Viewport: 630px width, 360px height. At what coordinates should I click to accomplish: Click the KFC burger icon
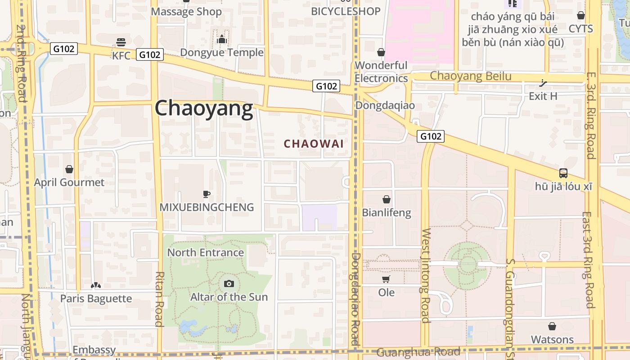click(x=121, y=42)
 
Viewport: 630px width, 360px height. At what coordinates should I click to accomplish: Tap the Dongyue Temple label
click(x=222, y=53)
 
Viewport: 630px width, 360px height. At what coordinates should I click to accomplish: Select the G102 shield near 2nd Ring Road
click(x=63, y=49)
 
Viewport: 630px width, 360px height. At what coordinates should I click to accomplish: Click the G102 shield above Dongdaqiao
click(x=326, y=85)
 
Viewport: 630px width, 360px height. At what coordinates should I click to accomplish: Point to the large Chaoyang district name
click(x=204, y=108)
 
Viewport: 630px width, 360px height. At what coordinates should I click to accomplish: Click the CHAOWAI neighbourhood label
click(x=314, y=144)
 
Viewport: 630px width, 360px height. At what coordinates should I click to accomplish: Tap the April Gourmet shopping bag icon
click(x=69, y=169)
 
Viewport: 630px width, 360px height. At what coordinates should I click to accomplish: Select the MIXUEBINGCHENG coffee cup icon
click(x=206, y=194)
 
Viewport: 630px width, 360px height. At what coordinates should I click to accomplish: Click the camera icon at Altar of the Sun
click(x=229, y=283)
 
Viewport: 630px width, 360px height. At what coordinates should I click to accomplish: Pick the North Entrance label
click(x=206, y=252)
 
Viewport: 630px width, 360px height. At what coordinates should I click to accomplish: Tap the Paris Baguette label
click(x=96, y=298)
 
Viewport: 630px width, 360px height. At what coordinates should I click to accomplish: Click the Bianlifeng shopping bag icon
click(x=386, y=199)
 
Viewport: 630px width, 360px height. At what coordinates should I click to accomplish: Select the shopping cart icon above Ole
click(x=386, y=279)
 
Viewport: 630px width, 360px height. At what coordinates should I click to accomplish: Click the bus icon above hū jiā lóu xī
click(x=563, y=173)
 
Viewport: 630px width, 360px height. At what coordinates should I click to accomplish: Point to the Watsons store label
click(x=552, y=339)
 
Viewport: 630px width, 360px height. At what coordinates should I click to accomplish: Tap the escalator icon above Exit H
click(x=544, y=83)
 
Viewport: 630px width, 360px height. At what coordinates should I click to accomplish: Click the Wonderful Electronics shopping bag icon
click(x=381, y=53)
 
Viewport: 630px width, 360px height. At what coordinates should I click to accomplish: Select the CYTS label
click(x=580, y=29)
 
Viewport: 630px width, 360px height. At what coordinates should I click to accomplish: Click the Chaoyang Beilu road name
click(x=471, y=76)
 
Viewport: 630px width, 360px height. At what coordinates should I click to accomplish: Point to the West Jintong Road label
click(x=426, y=275)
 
